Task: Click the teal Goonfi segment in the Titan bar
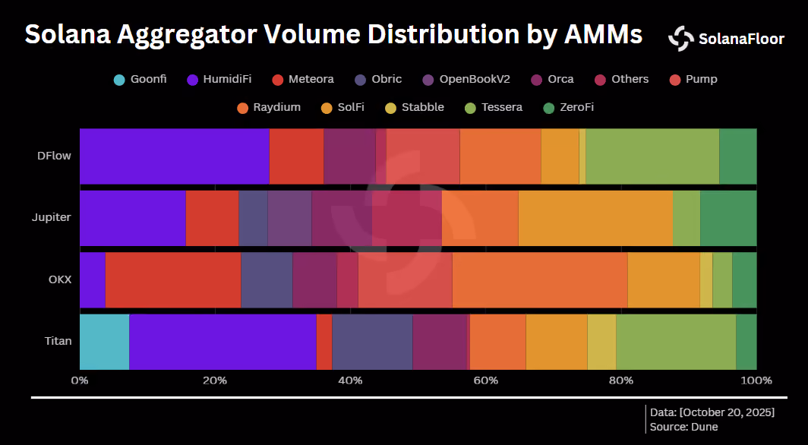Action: click(105, 342)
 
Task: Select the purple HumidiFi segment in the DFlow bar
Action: click(175, 156)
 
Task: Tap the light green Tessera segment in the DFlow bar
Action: click(652, 156)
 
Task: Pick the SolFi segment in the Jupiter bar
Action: click(595, 219)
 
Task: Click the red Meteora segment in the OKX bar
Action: click(173, 280)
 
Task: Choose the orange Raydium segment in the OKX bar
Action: click(540, 280)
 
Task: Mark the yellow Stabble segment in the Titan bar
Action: click(602, 342)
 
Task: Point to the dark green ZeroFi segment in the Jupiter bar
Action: click(729, 219)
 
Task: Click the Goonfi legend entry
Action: click(140, 79)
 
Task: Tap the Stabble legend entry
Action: click(415, 108)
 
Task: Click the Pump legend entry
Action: click(693, 79)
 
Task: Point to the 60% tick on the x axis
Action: click(486, 380)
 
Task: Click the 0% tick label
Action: click(80, 380)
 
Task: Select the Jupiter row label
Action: click(52, 217)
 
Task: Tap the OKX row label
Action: click(60, 279)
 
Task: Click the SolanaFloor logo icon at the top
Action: click(681, 39)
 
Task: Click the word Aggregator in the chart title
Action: click(187, 35)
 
